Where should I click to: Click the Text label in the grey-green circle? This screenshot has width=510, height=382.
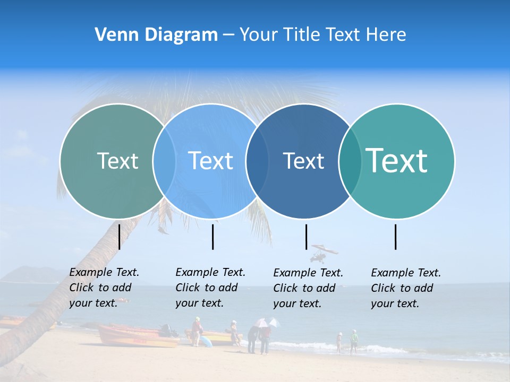117,161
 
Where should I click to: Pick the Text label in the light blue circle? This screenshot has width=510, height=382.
210,161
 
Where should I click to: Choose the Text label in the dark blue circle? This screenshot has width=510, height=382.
303,161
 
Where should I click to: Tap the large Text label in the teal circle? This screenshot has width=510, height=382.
397,161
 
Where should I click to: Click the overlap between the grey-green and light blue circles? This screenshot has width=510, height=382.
164,161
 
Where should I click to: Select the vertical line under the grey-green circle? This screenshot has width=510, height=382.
119,237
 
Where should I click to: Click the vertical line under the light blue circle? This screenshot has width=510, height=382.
212,237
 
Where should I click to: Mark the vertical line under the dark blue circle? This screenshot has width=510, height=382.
306,237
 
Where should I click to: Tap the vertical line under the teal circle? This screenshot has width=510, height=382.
395,237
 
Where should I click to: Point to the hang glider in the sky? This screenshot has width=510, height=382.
324,252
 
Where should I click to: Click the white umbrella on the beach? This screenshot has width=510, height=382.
266,322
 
